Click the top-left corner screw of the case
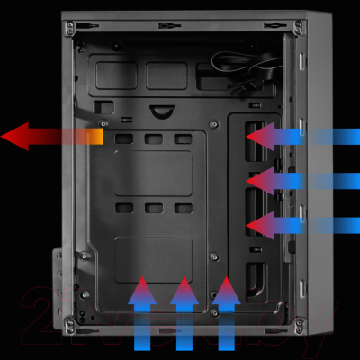coord(70,27)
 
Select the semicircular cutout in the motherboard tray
coord(163,112)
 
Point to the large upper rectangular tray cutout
coord(153,173)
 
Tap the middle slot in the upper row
coord(154,139)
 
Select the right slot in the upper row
coord(184,139)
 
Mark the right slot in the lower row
coord(184,208)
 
